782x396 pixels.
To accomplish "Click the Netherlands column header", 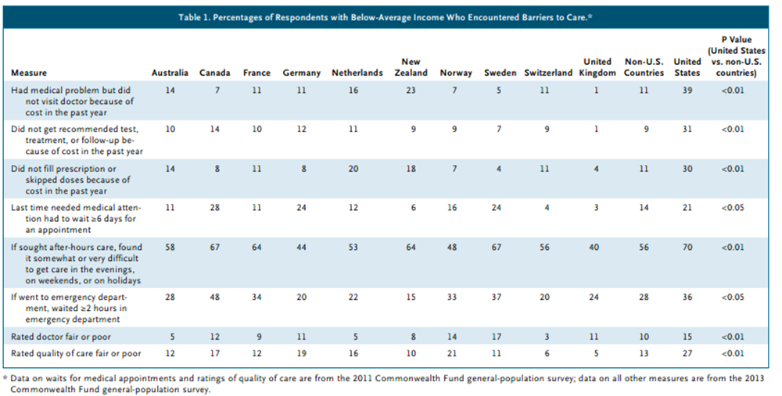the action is pos(357,73).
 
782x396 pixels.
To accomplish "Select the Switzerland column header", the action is pos(548,73).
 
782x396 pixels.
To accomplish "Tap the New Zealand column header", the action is pos(411,67).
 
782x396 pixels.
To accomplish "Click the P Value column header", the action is pos(736,56).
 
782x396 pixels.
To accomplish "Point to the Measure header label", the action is pos(29,73).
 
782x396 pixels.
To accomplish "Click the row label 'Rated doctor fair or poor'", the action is pos(61,337).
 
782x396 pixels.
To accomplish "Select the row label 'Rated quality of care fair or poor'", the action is pos(76,353).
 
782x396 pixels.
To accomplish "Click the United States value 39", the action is pos(687,91).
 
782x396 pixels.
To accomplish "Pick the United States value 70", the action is pos(687,247).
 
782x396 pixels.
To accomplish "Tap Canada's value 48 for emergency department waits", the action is pos(215,297).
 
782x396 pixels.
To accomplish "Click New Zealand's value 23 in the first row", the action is pos(411,91).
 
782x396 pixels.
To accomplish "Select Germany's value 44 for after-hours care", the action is pos(301,247).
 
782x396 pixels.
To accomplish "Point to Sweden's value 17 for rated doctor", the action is pos(497,337).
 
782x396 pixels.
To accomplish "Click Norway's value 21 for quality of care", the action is pos(452,353).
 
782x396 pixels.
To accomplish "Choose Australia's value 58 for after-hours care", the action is pos(170,247).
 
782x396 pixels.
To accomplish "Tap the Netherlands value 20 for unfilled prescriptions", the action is pos(353,169).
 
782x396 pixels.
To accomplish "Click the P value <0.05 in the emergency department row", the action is pos(732,297).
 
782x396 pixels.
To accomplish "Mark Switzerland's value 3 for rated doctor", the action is pos(547,337).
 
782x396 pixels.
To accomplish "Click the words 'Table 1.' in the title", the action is pos(193,18).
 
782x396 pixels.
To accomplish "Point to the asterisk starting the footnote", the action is pos(5,378).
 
